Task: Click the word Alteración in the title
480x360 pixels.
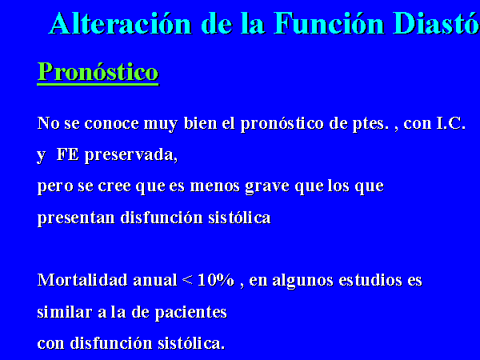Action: point(120,23)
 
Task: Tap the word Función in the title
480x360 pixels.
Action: point(329,23)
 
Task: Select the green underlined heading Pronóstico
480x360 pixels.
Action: point(98,72)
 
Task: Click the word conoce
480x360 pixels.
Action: point(112,123)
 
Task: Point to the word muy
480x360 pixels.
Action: point(161,125)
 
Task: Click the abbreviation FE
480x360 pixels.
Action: point(68,154)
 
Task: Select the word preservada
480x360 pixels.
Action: point(131,156)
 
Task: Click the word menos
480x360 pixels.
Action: point(215,186)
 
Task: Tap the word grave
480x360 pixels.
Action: point(267,187)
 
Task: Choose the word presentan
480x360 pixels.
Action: point(76,218)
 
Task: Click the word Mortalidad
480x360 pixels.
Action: point(82,280)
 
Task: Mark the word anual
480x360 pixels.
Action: point(155,280)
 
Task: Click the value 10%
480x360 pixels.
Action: point(216,280)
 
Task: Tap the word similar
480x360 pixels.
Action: point(65,312)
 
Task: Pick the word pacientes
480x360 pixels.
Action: point(190,313)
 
